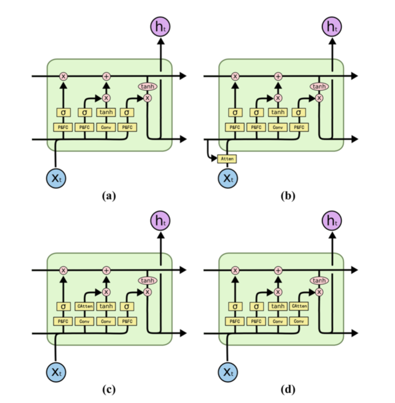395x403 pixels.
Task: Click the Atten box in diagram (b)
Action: click(x=226, y=159)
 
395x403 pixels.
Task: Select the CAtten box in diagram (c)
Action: click(x=85, y=306)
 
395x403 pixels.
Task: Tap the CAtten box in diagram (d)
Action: click(x=299, y=306)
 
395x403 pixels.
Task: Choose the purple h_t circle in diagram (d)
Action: click(x=332, y=221)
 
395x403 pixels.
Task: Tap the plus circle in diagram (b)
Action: click(x=278, y=76)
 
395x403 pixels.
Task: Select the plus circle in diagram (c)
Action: click(x=106, y=270)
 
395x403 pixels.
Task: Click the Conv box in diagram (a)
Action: click(x=106, y=127)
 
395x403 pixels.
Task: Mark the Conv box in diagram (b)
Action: click(x=278, y=127)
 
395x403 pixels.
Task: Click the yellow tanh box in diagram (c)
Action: click(x=106, y=306)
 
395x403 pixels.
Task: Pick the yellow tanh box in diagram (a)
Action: click(x=106, y=112)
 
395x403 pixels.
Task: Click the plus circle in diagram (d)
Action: click(x=278, y=270)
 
